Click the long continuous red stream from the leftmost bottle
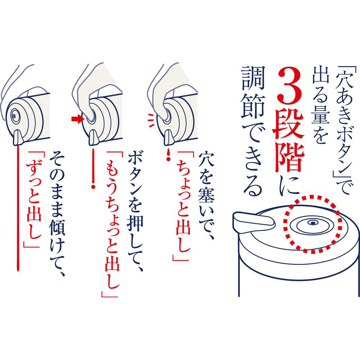tap(18, 208)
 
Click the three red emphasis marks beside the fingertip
tap(151, 120)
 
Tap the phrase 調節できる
tap(252, 131)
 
